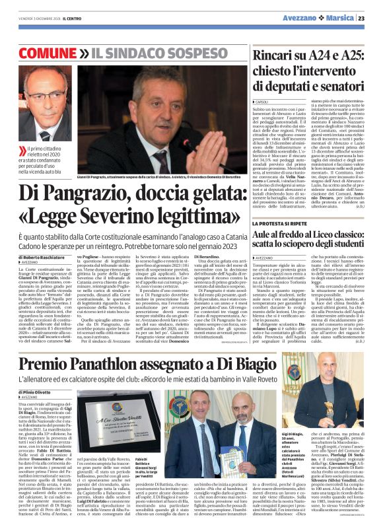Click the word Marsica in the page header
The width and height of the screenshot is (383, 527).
point(336,18)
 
